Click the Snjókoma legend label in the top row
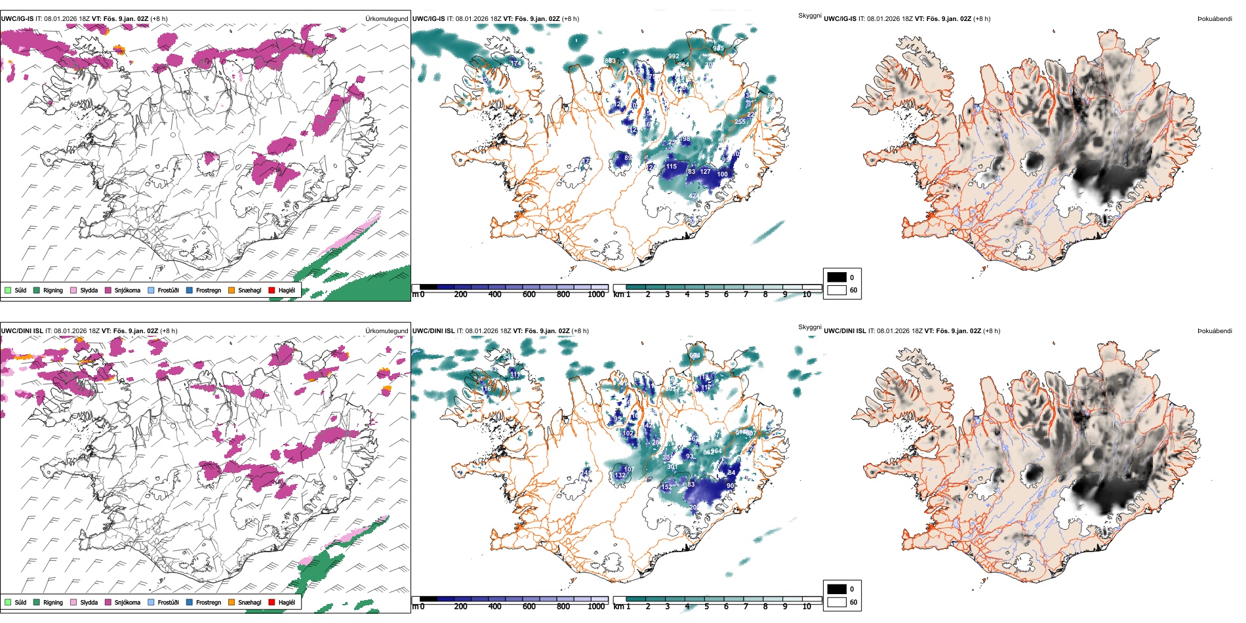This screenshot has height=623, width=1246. point(127,290)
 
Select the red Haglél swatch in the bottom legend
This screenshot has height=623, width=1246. point(271,602)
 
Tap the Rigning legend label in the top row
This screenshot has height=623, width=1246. point(53,290)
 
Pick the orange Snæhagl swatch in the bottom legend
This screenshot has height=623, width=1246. point(231,602)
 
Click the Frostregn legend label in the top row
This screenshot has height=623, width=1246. point(209,290)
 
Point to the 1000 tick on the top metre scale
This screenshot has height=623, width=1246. point(596,294)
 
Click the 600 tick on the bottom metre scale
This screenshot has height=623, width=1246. point(529,607)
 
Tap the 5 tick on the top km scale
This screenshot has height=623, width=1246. point(706,294)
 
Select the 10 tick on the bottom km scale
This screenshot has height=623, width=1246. point(807,607)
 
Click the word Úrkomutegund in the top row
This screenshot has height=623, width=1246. point(386,19)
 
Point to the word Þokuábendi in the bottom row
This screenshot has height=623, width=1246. point(1215,331)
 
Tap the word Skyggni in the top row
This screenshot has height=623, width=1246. point(809,15)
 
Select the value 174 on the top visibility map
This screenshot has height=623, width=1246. point(515,64)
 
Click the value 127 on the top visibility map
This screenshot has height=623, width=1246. point(705,172)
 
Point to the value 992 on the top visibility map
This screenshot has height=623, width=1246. point(673,56)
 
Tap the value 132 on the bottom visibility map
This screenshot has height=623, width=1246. point(620,475)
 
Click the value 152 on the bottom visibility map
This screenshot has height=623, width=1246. point(666,487)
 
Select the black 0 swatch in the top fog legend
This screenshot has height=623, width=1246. point(837,277)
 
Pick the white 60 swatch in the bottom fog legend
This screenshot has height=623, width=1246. point(837,602)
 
